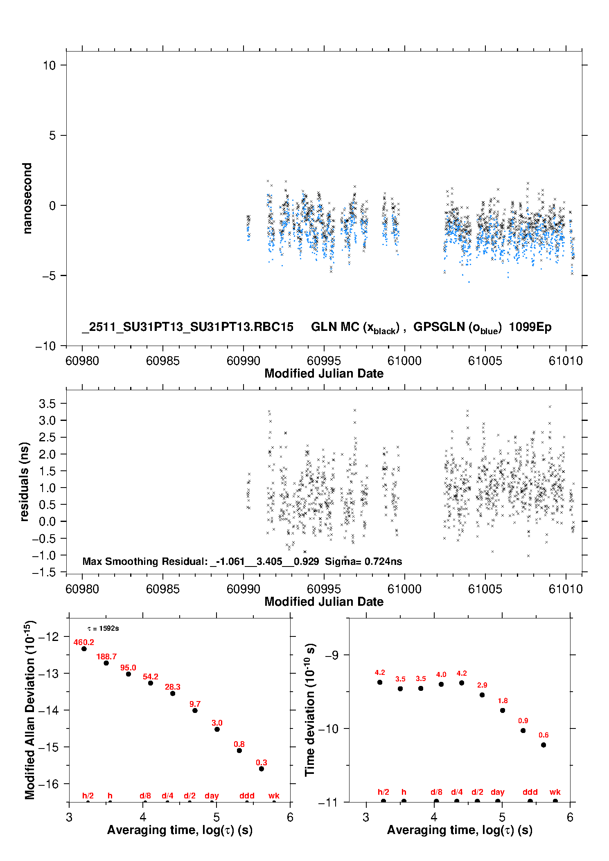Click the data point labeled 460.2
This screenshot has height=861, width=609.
tap(84, 649)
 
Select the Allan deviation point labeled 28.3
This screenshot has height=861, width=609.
tap(173, 693)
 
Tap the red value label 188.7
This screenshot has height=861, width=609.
tap(106, 656)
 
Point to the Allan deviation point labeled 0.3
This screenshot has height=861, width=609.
tap(262, 769)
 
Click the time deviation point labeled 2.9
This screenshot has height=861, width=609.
tap(482, 695)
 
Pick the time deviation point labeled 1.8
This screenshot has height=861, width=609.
tap(503, 710)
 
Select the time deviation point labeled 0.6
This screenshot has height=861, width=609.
tap(544, 745)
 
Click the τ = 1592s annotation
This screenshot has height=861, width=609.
tap(103, 628)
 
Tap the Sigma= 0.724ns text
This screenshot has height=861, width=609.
tap(363, 561)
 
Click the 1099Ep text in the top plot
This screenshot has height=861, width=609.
tap(530, 327)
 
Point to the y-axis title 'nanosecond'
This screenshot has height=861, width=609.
tap(27, 198)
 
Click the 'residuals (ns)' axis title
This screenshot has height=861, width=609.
tap(25, 481)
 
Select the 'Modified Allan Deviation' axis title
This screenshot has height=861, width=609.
tap(29, 710)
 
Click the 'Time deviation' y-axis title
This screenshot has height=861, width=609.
tap(310, 710)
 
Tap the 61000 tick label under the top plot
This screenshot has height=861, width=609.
tap(404, 361)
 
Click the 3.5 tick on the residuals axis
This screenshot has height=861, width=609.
tap(47, 404)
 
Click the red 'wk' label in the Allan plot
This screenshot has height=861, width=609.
tap(274, 796)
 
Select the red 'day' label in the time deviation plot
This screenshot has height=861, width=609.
tap(497, 792)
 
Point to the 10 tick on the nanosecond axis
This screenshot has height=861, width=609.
tap(49, 65)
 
